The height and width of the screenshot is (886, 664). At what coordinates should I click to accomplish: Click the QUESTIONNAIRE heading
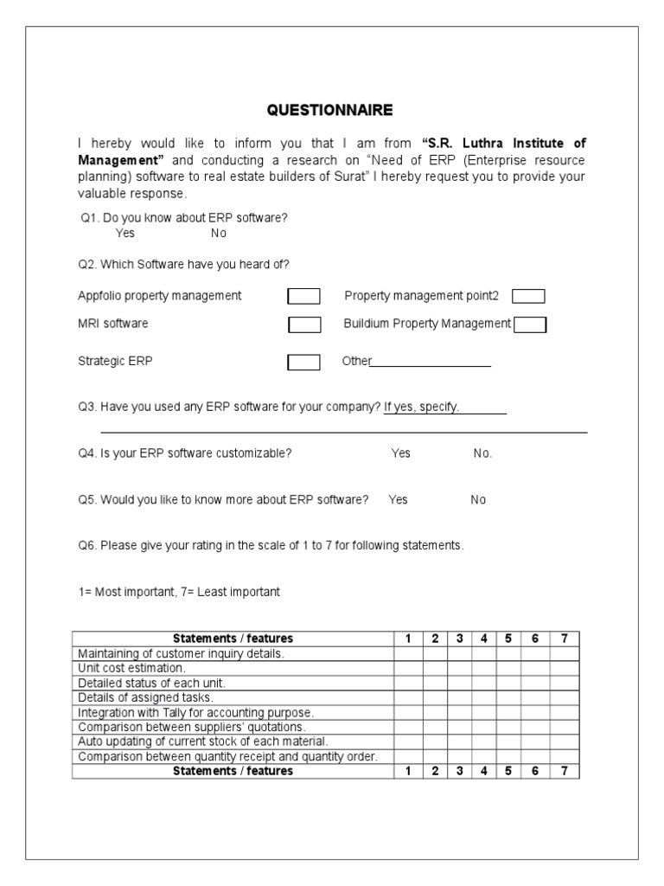click(329, 110)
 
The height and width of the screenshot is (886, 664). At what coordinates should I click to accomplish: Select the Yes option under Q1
click(124, 233)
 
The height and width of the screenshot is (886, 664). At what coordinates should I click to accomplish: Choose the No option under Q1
click(219, 233)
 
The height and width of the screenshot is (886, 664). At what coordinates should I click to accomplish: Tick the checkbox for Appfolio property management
click(303, 297)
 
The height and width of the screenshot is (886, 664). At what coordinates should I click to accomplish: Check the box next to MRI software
click(303, 324)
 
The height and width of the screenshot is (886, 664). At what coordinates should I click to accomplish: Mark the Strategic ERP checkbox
click(303, 363)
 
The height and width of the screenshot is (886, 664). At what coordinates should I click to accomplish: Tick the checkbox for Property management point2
click(528, 297)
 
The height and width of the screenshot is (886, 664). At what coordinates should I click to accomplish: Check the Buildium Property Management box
click(530, 324)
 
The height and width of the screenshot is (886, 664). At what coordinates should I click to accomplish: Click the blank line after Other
click(431, 363)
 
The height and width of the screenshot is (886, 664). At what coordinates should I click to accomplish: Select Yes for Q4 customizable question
click(401, 453)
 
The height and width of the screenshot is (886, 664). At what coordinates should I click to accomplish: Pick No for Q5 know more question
click(478, 500)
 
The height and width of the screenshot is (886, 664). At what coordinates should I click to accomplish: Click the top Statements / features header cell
click(233, 639)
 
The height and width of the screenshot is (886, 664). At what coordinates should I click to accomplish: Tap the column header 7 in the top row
click(564, 639)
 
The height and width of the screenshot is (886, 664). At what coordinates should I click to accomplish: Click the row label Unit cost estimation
click(131, 668)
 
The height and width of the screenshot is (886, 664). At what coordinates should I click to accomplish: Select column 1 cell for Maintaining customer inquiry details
click(408, 654)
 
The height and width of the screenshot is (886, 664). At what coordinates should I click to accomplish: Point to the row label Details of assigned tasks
click(145, 697)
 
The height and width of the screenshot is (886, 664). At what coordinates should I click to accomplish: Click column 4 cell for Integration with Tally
click(484, 712)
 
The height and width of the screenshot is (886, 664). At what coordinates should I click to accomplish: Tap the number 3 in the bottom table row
click(460, 771)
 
